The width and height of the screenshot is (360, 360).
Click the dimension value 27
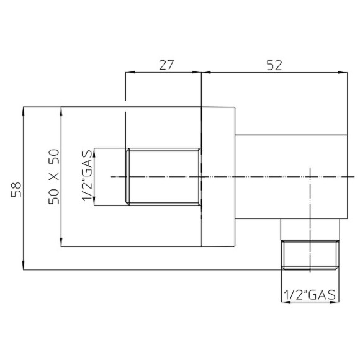[x=164, y=63]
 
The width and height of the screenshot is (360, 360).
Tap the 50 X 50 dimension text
[x=54, y=177]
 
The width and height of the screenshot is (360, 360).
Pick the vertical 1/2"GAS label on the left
[x=88, y=178]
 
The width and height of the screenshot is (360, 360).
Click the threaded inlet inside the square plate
[x=164, y=177]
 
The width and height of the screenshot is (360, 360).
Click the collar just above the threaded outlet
[x=310, y=229]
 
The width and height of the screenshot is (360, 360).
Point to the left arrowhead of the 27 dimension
[x=128, y=73]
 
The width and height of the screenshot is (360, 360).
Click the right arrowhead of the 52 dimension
[x=343, y=73]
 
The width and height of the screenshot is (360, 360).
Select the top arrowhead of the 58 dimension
[x=24, y=110]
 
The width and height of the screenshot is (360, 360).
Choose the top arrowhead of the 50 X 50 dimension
[x=61, y=110]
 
